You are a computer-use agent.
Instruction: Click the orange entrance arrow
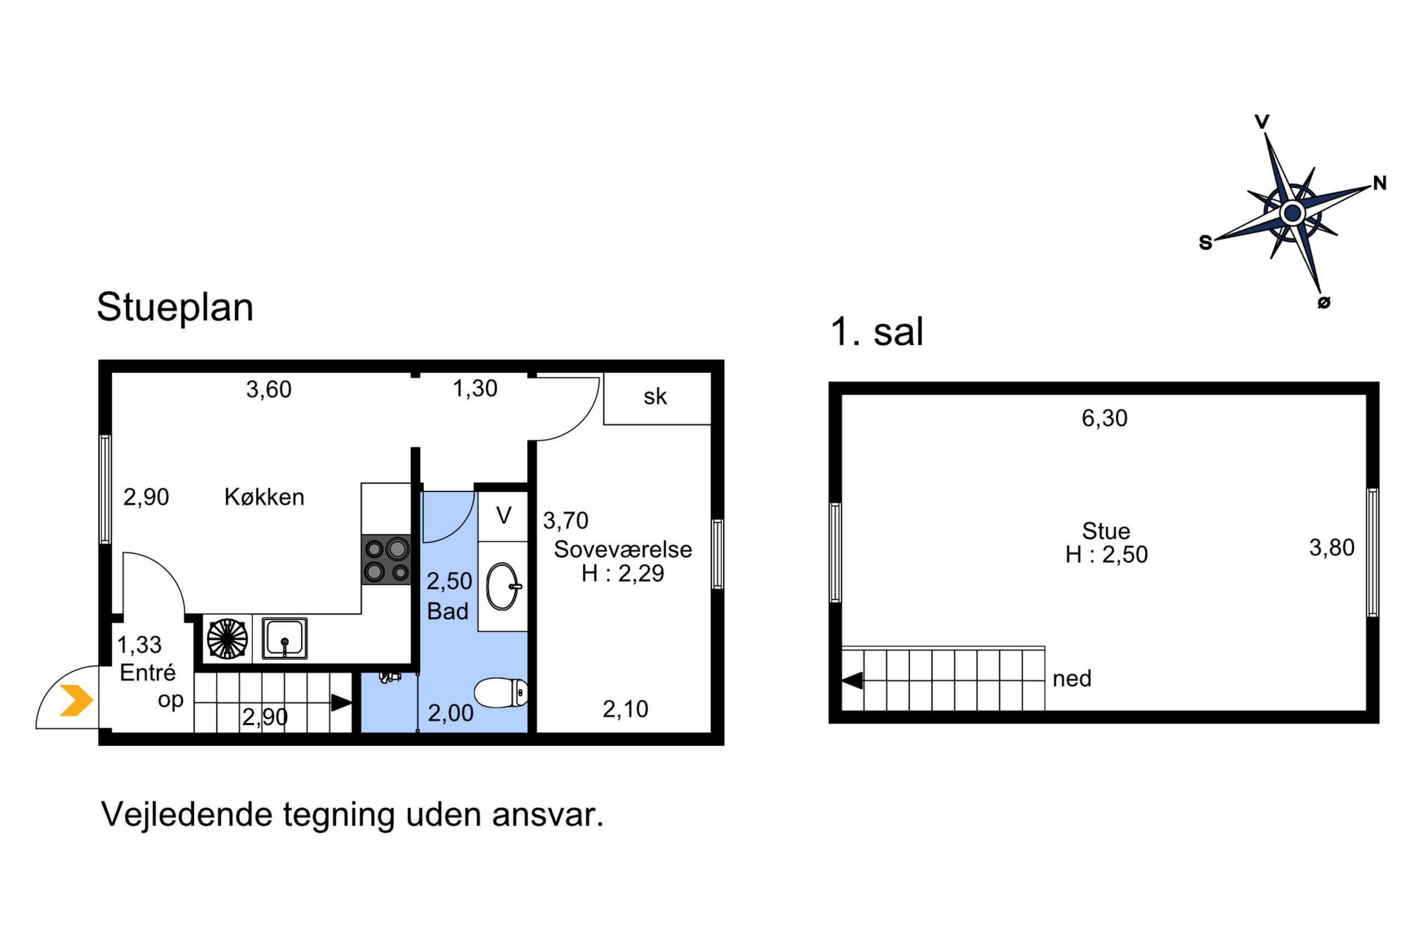click(76, 700)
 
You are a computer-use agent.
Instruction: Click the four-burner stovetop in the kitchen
click(386, 559)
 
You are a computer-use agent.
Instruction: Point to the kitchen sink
click(284, 638)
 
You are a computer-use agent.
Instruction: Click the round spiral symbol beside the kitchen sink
click(227, 638)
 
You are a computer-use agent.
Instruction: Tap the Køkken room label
click(264, 497)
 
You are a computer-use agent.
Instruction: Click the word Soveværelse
click(622, 549)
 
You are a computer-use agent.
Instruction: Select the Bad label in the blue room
click(448, 611)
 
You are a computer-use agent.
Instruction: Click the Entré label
click(148, 672)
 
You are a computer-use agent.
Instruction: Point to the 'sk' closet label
click(655, 397)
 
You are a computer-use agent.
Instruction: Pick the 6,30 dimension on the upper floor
click(1104, 418)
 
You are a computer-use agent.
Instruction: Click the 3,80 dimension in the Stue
click(1331, 548)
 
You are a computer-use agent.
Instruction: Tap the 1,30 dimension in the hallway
click(475, 388)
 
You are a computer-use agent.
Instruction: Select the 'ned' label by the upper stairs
click(1071, 679)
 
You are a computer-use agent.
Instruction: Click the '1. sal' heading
click(877, 331)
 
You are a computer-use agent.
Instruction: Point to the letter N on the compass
click(1380, 183)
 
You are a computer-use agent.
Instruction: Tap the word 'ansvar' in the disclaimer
click(547, 815)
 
